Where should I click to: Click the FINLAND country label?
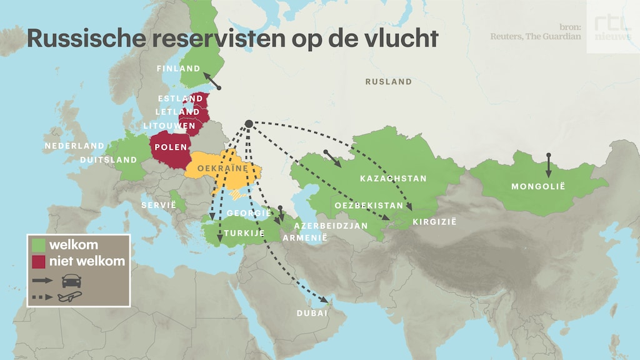pyautogui.click(x=179, y=69)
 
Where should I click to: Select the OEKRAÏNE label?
pyautogui.click(x=219, y=169)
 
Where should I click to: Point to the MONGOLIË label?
pyautogui.click(x=537, y=186)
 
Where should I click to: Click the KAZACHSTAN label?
pyautogui.click(x=393, y=179)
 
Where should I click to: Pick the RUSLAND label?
pyautogui.click(x=389, y=82)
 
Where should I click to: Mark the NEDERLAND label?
pyautogui.click(x=74, y=146)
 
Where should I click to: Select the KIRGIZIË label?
pyautogui.click(x=435, y=222)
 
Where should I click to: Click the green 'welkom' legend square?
pyautogui.click(x=39, y=245)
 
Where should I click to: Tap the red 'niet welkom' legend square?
pyautogui.click(x=39, y=261)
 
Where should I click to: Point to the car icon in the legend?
pyautogui.click(x=71, y=280)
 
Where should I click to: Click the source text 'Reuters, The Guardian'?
pyautogui.click(x=535, y=36)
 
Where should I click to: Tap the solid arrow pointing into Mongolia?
pyautogui.click(x=548, y=166)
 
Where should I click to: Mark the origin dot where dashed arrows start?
pyautogui.click(x=248, y=124)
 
